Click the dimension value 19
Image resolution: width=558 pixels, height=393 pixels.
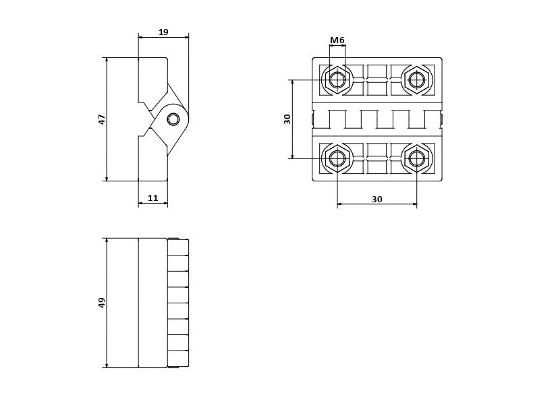click(163, 32)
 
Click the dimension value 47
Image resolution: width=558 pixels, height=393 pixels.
click(102, 119)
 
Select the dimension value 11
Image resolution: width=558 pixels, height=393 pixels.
click(153, 198)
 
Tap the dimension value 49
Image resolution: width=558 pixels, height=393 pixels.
click(102, 303)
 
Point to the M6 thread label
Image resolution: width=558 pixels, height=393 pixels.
click(337, 40)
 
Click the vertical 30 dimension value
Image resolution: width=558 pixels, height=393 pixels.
click(287, 119)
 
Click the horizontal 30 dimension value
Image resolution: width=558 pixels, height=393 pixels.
click(377, 199)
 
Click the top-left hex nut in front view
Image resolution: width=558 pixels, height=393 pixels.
click(337, 80)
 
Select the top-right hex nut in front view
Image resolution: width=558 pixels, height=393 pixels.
click(417, 80)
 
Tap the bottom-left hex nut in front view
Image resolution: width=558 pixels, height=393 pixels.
click(337, 158)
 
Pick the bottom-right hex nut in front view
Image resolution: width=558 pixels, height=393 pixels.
click(417, 158)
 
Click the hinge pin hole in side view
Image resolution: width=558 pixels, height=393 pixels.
click(173, 119)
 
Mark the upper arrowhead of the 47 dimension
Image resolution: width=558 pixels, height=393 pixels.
click(107, 61)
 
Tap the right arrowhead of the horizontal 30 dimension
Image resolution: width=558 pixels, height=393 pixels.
click(414, 204)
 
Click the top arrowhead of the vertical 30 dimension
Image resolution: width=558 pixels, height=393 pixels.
click(293, 83)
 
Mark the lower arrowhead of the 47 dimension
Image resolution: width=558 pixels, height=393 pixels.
click(107, 177)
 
